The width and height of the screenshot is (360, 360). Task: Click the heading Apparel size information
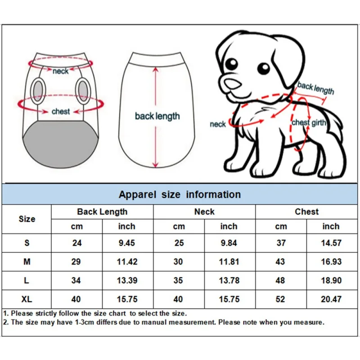pyautogui.click(x=180, y=194)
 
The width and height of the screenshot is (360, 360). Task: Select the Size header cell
pyautogui.click(x=27, y=219)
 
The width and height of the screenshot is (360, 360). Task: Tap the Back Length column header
pyautogui.click(x=102, y=211)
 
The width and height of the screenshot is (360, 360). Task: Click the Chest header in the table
pyautogui.click(x=306, y=211)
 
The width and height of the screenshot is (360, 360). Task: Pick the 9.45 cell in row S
pyautogui.click(x=127, y=243)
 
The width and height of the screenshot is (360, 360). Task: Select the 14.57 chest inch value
pyautogui.click(x=331, y=243)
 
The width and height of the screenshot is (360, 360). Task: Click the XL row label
pyautogui.click(x=27, y=299)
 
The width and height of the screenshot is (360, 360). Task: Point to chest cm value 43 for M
pyautogui.click(x=281, y=261)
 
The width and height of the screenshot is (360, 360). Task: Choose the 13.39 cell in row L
pyautogui.click(x=127, y=280)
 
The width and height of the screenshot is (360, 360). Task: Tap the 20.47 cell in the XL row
pyautogui.click(x=331, y=299)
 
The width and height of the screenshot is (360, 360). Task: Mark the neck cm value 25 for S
pyautogui.click(x=179, y=243)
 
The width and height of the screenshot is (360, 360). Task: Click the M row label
pyautogui.click(x=27, y=261)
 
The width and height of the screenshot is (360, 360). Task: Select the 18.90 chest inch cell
pyautogui.click(x=331, y=280)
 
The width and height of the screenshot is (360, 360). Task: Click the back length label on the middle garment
pyautogui.click(x=157, y=116)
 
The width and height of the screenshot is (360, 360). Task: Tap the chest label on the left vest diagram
pyautogui.click(x=61, y=111)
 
